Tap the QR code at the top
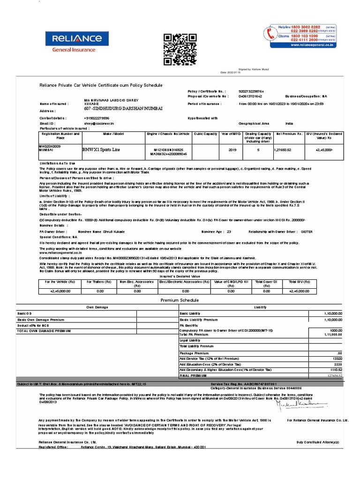click(173, 50)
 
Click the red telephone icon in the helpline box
click(270, 34)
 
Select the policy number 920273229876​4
click(251, 91)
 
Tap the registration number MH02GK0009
click(50, 146)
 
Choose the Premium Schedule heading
click(180, 300)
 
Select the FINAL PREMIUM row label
click(192, 375)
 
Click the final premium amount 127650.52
click(334, 375)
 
